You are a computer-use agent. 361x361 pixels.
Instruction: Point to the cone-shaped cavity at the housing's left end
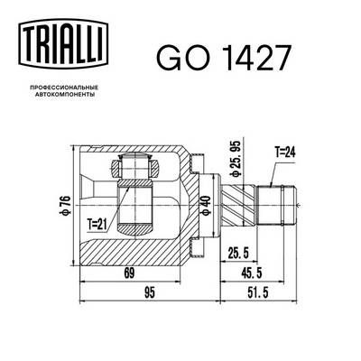click(92, 194)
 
